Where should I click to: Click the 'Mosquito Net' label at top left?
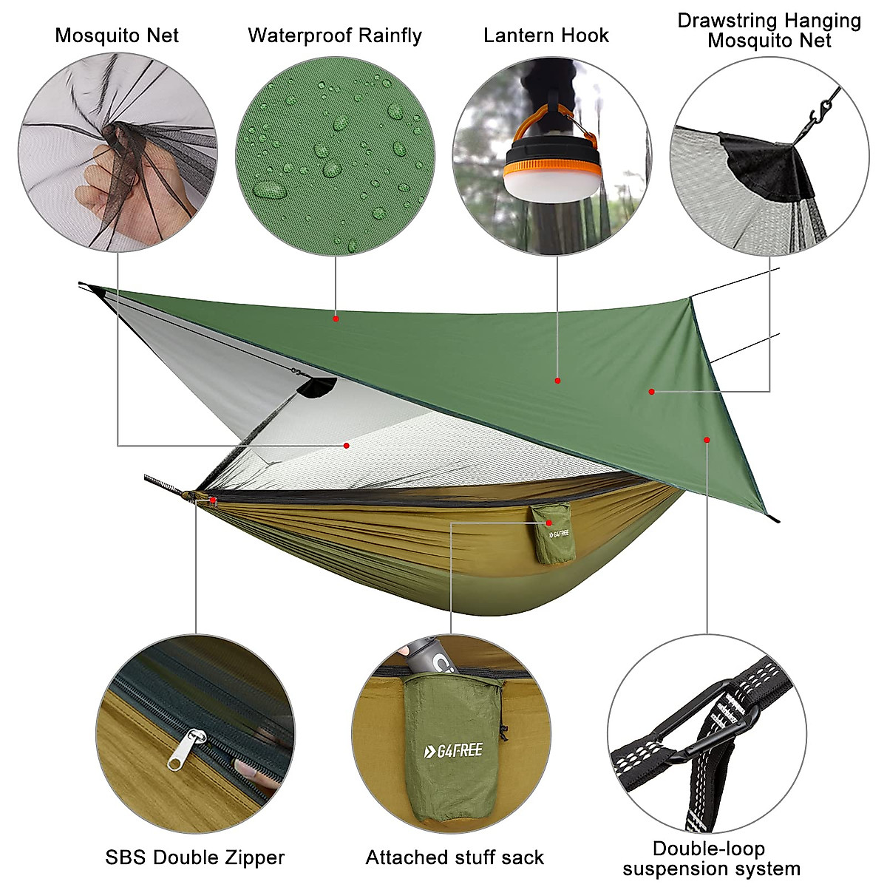[x=117, y=35]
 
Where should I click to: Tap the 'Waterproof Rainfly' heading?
[x=334, y=35]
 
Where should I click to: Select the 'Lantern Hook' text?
[x=546, y=35]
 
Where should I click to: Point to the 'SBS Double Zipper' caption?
[x=194, y=857]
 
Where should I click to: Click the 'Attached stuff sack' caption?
[x=455, y=857]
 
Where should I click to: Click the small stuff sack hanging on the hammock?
[x=554, y=534]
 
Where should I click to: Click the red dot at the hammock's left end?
[x=213, y=500]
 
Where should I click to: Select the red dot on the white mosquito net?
[x=346, y=445]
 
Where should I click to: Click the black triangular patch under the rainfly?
[x=318, y=387]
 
